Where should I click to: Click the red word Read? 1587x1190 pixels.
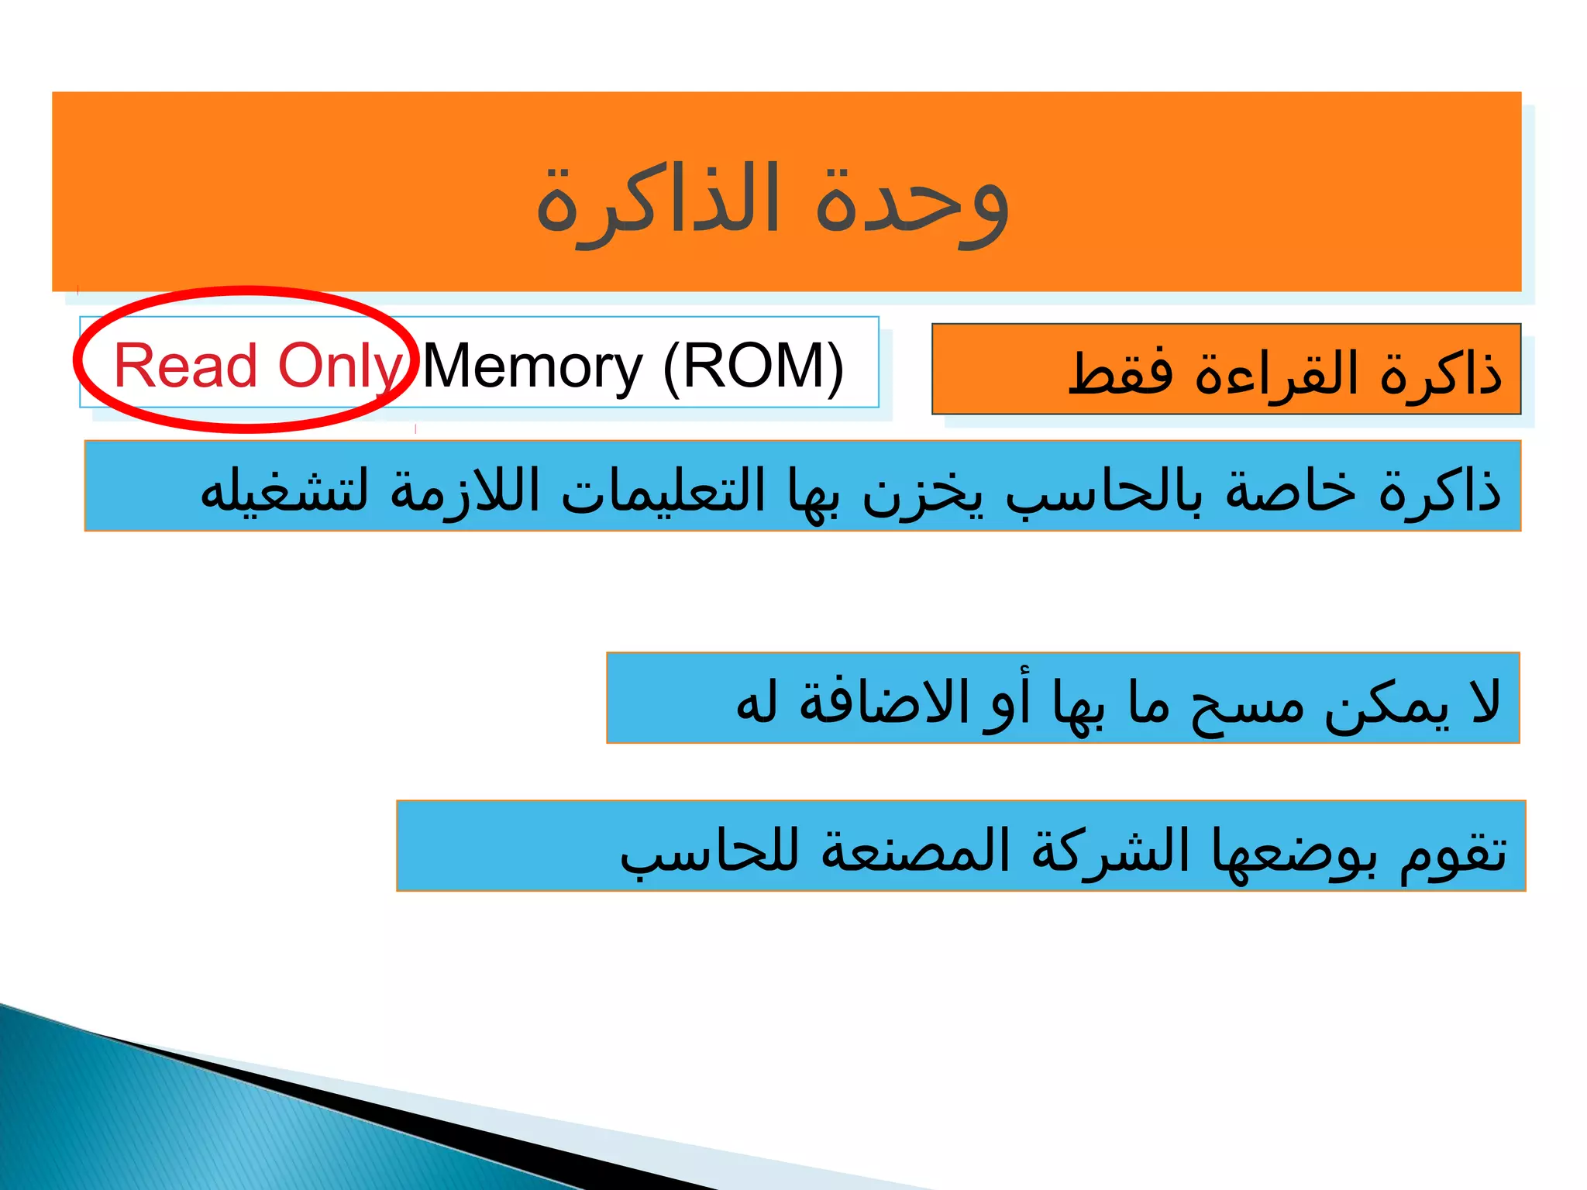(185, 366)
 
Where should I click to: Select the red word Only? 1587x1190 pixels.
(339, 366)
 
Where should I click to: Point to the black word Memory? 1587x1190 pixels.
(532, 366)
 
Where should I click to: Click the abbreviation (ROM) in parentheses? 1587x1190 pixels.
(753, 366)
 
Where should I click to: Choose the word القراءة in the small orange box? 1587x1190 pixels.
(1277, 373)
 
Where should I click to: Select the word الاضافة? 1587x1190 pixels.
(884, 700)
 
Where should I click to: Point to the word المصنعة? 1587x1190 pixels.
(915, 849)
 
